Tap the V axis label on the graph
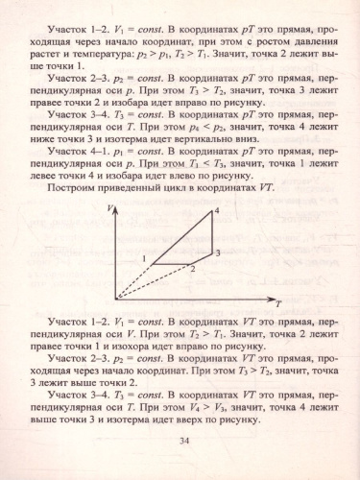(111, 208)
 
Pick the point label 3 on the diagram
(219, 252)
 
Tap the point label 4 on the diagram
(218, 210)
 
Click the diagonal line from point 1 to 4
(182, 236)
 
